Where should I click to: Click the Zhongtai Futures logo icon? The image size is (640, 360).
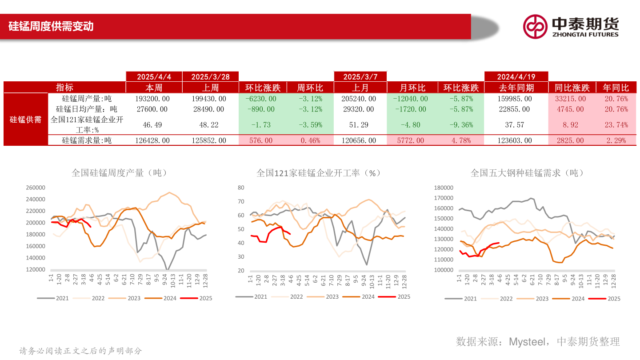pyautogui.click(x=535, y=27)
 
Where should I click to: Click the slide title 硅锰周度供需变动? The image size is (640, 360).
pyautogui.click(x=51, y=26)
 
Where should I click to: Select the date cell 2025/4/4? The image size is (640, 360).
pyautogui.click(x=154, y=77)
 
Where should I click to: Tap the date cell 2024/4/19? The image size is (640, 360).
pyautogui.click(x=516, y=77)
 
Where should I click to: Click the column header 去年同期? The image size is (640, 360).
pyautogui.click(x=516, y=88)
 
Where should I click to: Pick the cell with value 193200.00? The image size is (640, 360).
pyautogui.click(x=152, y=99)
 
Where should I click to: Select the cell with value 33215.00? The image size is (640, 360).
pyautogui.click(x=570, y=99)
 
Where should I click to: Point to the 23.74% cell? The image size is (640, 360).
pyautogui.click(x=616, y=125)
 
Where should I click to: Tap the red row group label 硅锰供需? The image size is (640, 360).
pyautogui.click(x=25, y=120)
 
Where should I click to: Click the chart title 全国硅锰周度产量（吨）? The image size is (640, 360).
pyautogui.click(x=120, y=173)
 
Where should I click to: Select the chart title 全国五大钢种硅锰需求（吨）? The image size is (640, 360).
pyautogui.click(x=527, y=173)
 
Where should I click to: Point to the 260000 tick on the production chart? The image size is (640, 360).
pyautogui.click(x=36, y=188)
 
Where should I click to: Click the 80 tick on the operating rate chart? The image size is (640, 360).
pyautogui.click(x=241, y=188)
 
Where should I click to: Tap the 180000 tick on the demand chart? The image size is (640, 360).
pyautogui.click(x=443, y=188)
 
